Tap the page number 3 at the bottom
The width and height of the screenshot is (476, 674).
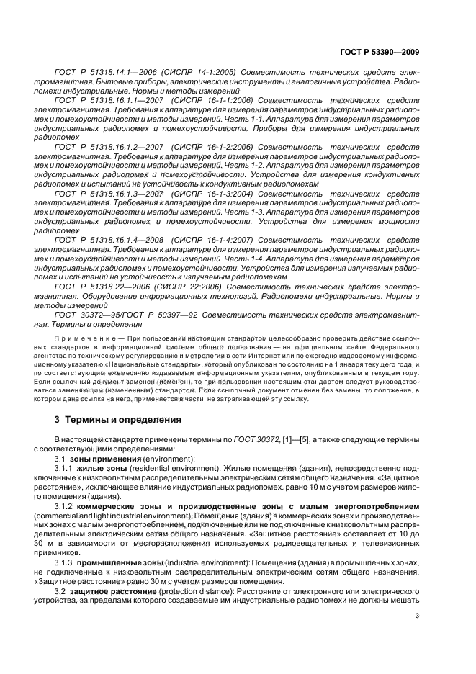pos(418,614)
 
